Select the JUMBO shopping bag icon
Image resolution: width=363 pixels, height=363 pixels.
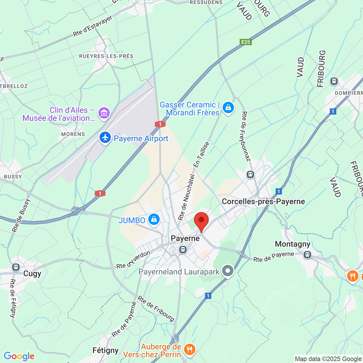click(x=154, y=220)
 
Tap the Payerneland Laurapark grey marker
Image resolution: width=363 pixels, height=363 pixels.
click(x=228, y=271)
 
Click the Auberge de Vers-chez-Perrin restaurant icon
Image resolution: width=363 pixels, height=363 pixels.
click(x=189, y=349)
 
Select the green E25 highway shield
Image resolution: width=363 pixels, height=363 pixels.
click(x=246, y=42)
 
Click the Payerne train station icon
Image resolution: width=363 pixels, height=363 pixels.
click(x=183, y=250)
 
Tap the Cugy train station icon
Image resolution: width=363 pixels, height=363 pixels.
click(x=16, y=267)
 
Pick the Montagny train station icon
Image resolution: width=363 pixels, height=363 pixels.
click(x=307, y=254)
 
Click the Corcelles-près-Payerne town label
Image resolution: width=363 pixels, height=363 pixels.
click(x=263, y=202)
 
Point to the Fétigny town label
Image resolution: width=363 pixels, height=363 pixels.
click(x=105, y=351)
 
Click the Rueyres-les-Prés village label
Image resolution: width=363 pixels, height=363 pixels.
click(x=106, y=56)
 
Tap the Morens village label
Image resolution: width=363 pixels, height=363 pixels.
click(x=73, y=134)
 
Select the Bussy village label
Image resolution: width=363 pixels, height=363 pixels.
click(x=13, y=177)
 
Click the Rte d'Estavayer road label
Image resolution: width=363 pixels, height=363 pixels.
click(x=93, y=26)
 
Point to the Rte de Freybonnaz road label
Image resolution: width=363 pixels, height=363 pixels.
click(x=246, y=136)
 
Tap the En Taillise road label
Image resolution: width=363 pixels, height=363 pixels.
click(x=201, y=154)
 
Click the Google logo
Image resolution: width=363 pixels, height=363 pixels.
click(x=19, y=356)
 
